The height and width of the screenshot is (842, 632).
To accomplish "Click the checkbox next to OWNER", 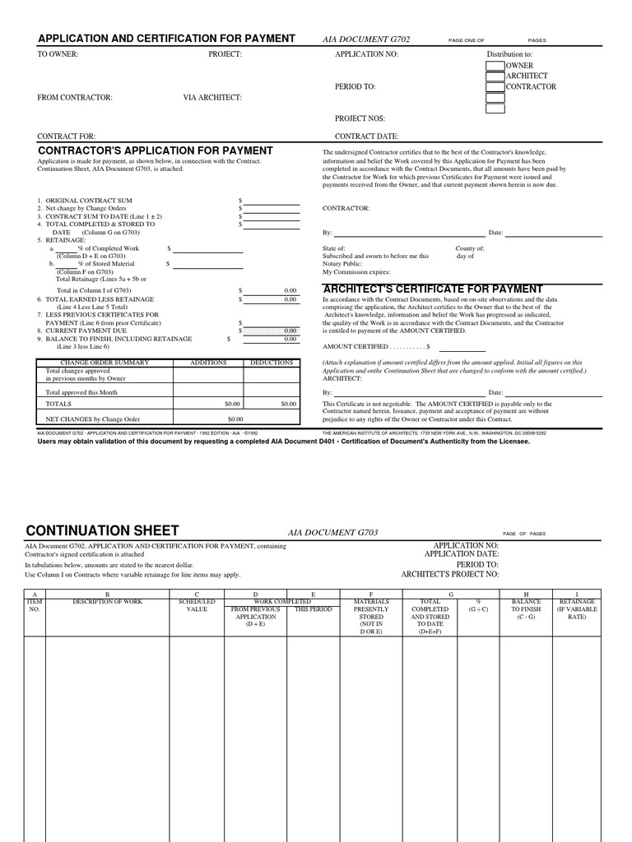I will click(495, 66).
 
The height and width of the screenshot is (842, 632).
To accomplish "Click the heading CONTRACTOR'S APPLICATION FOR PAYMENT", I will click(156, 151).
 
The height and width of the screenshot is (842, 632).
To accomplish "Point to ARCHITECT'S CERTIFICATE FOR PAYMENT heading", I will click(433, 289).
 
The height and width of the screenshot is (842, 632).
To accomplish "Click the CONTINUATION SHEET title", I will click(102, 530).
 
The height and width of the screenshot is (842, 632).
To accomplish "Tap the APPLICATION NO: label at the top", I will click(366, 54).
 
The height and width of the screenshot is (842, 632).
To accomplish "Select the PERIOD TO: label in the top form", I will click(355, 86).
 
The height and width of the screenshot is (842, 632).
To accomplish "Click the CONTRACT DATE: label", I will click(367, 136).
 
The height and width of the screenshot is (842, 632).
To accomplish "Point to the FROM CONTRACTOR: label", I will click(75, 98).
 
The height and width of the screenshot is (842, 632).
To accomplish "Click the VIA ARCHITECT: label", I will click(212, 98).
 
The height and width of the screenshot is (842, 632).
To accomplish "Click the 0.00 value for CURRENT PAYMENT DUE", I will click(290, 331).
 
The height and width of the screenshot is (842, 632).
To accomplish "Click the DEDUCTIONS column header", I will click(272, 363).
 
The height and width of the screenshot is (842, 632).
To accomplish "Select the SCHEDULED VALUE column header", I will click(197, 606).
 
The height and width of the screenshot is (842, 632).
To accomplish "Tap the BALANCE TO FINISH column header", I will click(526, 609).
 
